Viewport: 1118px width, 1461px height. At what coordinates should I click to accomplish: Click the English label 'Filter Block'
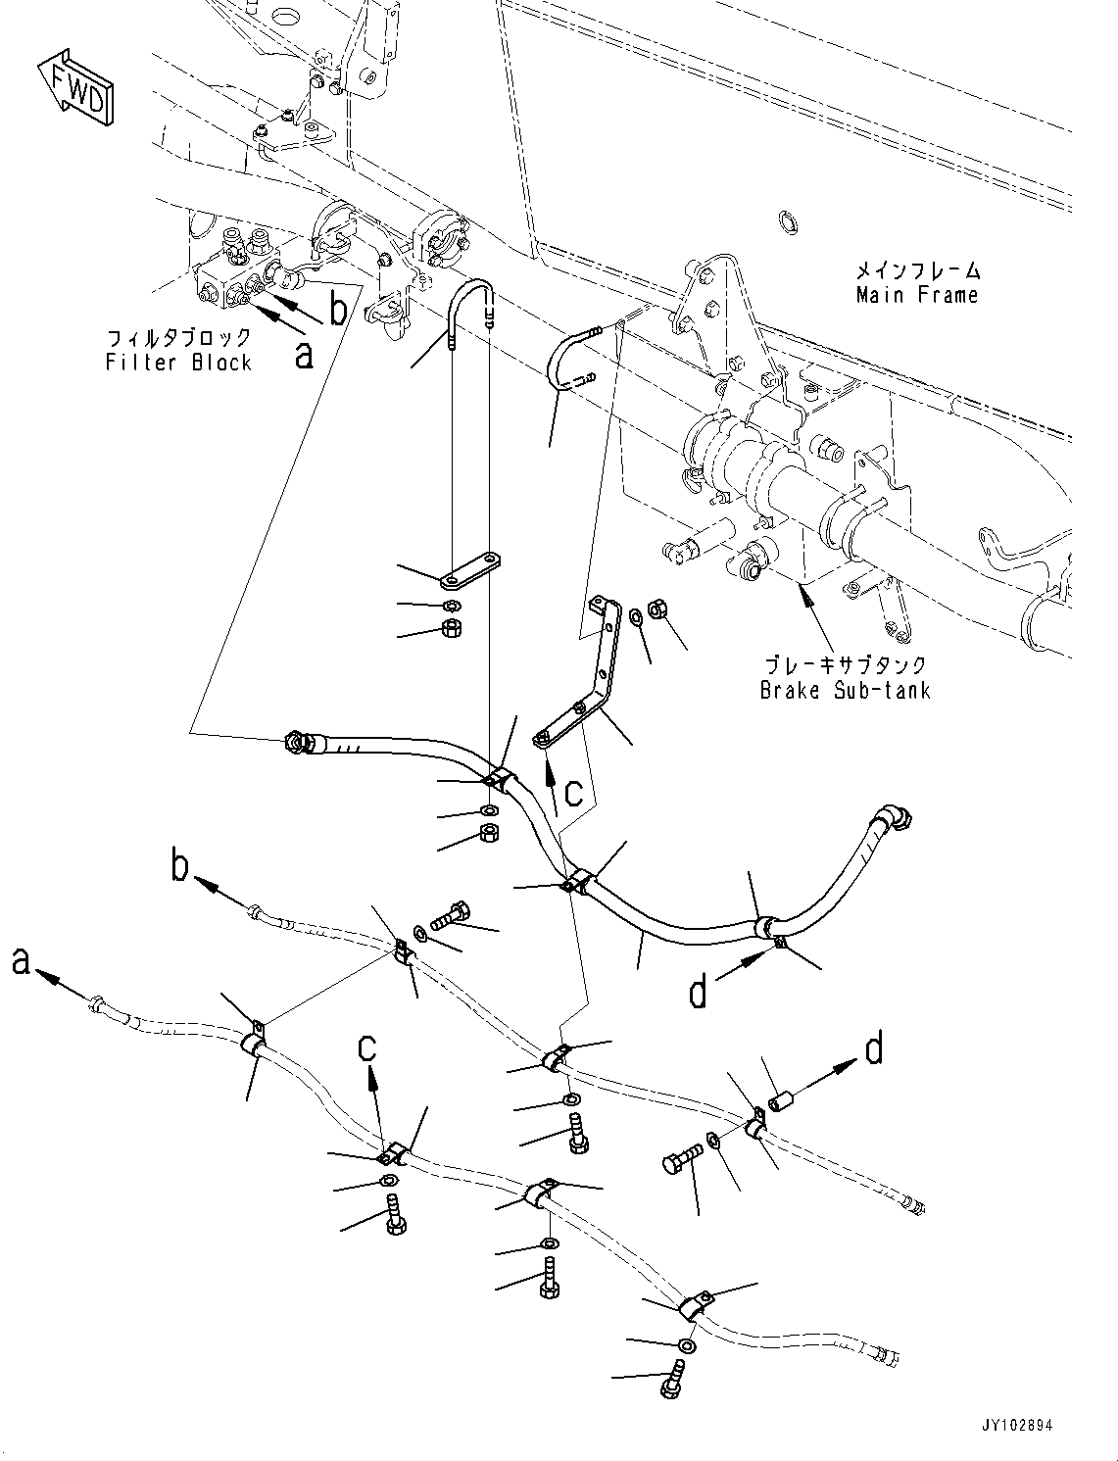(x=178, y=363)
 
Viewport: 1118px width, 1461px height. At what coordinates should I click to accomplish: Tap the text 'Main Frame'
(x=916, y=294)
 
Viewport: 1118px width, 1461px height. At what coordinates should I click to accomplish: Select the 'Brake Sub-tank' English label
(x=845, y=690)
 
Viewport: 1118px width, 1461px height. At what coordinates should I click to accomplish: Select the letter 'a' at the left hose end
(x=22, y=963)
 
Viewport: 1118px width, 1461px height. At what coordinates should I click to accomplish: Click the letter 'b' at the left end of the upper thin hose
(x=180, y=869)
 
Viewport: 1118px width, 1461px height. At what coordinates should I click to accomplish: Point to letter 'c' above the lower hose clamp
(x=367, y=1047)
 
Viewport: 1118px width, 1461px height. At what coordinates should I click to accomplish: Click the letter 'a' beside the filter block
(x=305, y=355)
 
